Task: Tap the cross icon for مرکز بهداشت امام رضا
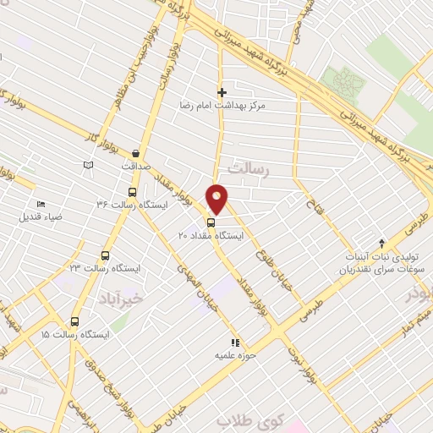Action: coord(222,92)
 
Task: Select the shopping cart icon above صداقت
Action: coord(135,155)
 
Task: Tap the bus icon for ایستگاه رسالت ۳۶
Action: coord(130,192)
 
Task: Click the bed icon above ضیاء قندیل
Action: coord(41,204)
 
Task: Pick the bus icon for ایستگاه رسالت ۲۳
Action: coord(106,255)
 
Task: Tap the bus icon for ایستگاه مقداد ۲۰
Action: coord(210,224)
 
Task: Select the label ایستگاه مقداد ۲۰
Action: coord(211,237)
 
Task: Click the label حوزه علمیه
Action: coord(235,356)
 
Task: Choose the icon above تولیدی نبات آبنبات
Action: coord(381,244)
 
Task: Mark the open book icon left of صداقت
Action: coord(88,165)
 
